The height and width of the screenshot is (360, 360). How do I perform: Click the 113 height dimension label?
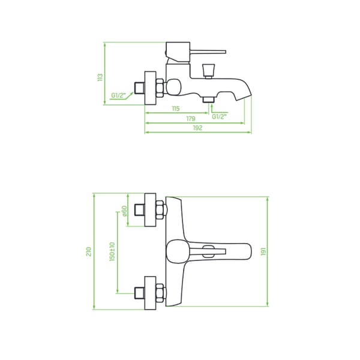point(100,77)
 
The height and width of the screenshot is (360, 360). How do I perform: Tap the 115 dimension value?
point(176,109)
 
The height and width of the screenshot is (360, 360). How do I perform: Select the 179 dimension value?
point(191,118)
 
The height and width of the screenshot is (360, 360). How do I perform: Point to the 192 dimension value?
point(197,128)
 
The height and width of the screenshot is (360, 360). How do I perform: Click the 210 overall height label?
point(89,251)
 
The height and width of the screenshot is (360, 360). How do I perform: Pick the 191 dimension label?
point(263,251)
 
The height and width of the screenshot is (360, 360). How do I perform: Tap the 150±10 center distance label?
point(112,251)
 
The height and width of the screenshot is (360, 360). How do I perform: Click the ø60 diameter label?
point(124,211)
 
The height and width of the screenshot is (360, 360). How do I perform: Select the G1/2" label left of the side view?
point(119,95)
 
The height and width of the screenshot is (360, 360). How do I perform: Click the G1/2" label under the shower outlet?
point(219,116)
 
